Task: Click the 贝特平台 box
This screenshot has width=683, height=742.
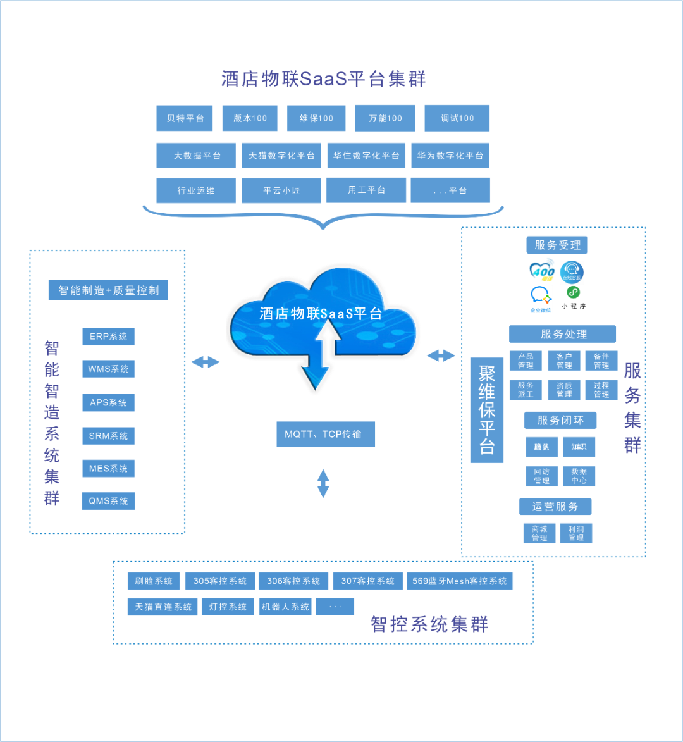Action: pyautogui.click(x=185, y=118)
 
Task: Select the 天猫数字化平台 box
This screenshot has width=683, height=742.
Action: pyautogui.click(x=281, y=156)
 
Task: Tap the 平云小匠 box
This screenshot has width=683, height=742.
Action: pyautogui.click(x=281, y=190)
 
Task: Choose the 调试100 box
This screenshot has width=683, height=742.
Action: pyautogui.click(x=457, y=118)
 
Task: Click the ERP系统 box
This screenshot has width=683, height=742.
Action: pyautogui.click(x=108, y=337)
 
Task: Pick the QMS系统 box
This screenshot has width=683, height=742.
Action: pyautogui.click(x=108, y=501)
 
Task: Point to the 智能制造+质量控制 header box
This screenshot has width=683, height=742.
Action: pyautogui.click(x=108, y=290)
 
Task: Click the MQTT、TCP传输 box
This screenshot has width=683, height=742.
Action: pyautogui.click(x=325, y=435)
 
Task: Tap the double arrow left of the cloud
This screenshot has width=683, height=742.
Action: pyautogui.click(x=206, y=362)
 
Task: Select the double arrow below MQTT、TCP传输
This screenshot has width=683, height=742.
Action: pyautogui.click(x=323, y=483)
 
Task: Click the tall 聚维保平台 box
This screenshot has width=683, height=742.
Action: pyautogui.click(x=486, y=410)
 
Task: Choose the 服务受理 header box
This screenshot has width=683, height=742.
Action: pyautogui.click(x=557, y=245)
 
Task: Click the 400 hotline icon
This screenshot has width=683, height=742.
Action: pyautogui.click(x=542, y=270)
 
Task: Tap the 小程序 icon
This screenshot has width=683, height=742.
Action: pyautogui.click(x=574, y=297)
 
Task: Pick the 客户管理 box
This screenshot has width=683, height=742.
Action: pyautogui.click(x=564, y=361)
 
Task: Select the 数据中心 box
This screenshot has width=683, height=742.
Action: pyautogui.click(x=579, y=476)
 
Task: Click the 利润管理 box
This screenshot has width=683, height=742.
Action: pyautogui.click(x=575, y=533)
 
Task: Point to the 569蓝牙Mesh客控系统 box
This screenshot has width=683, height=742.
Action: pyautogui.click(x=459, y=581)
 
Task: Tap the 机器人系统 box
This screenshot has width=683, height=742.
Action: pyautogui.click(x=286, y=607)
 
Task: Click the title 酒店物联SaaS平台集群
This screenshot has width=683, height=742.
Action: pyautogui.click(x=323, y=79)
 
